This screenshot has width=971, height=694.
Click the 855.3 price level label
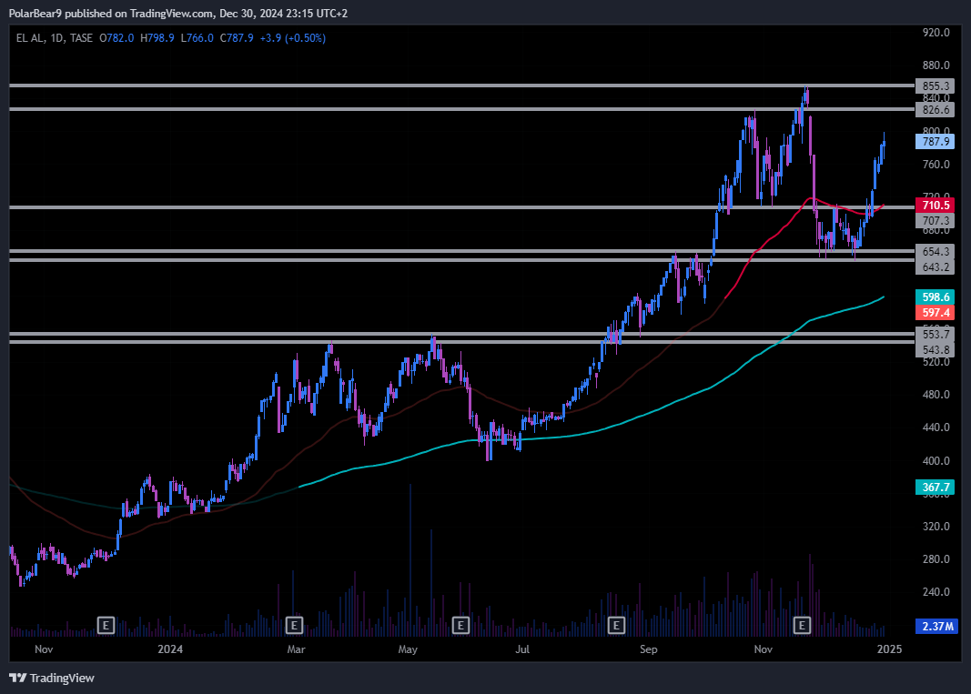tap(936, 85)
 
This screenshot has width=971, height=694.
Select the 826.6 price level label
tap(936, 109)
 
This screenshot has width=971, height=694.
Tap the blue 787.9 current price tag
tap(936, 142)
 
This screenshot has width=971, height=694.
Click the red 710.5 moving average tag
tap(936, 207)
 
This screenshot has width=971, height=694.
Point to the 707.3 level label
tap(936, 221)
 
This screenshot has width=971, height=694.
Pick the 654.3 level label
tap(936, 251)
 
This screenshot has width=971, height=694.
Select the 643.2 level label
tap(936, 267)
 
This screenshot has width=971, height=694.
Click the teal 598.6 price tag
tap(936, 297)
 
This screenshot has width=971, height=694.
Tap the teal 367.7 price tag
tap(936, 488)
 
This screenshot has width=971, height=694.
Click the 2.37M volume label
tap(936, 626)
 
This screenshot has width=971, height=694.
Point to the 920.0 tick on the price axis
tap(936, 33)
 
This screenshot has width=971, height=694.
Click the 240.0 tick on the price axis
tap(936, 592)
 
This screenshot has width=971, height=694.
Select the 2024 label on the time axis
tap(169, 649)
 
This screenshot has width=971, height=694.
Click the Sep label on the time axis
tap(648, 649)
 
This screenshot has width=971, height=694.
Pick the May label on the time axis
tap(408, 649)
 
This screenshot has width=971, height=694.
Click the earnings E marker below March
tap(294, 625)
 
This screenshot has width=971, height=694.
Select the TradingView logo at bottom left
tap(52, 678)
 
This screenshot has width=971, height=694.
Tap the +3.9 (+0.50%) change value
tap(293, 38)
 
